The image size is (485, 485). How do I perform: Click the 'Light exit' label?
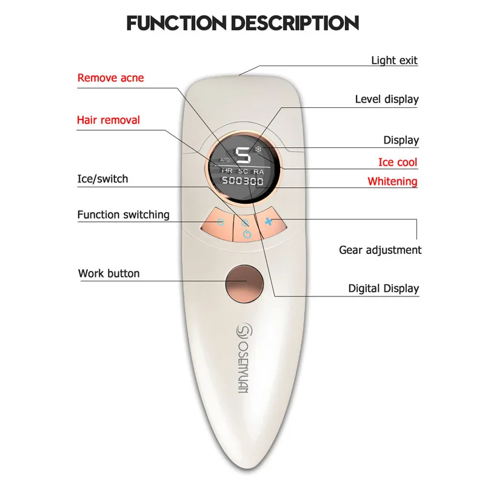(x=394, y=60)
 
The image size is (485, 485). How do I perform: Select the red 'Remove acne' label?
(x=111, y=78)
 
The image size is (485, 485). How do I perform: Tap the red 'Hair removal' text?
(x=108, y=120)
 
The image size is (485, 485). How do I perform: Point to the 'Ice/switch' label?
(x=102, y=179)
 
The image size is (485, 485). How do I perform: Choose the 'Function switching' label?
(x=123, y=215)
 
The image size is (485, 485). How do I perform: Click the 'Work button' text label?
(x=109, y=273)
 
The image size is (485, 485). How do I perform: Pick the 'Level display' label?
(x=387, y=99)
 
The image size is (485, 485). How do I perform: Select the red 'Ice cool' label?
(x=398, y=162)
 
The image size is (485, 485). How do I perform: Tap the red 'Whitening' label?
(x=392, y=181)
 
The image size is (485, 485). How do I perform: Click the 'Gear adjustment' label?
(x=380, y=250)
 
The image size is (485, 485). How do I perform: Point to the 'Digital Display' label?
(x=383, y=289)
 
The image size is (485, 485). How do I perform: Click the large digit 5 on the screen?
(x=242, y=156)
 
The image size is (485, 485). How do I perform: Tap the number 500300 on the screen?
(x=242, y=181)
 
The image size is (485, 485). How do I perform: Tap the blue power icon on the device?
(x=246, y=233)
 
